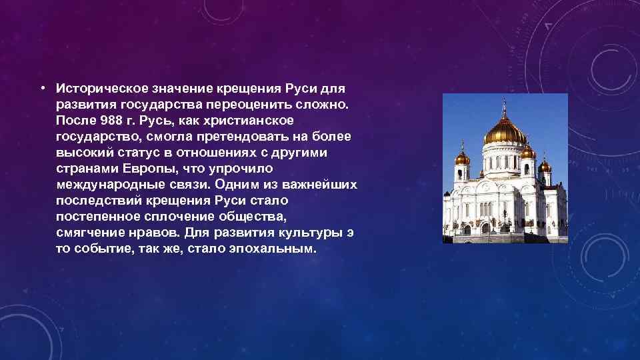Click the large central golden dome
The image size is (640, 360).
tap(505, 133)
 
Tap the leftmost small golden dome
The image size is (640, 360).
tap(462, 158)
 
